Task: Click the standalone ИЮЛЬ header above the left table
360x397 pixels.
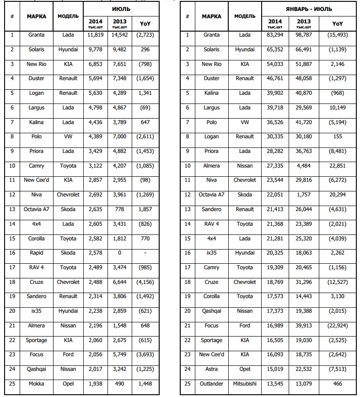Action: tap(120, 8)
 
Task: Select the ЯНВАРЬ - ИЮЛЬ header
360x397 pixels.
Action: tap(309, 9)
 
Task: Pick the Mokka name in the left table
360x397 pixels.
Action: tap(37, 383)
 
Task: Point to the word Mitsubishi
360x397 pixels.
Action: tap(245, 383)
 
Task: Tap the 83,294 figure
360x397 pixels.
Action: tap(274, 35)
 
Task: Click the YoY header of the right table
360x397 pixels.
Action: tap(338, 23)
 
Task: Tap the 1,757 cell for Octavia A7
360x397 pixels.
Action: tap(304, 195)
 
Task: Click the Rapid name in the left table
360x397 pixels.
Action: tap(37, 253)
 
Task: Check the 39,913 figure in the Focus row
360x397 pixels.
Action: tap(304, 326)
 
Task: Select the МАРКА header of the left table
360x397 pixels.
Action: tap(37, 16)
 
